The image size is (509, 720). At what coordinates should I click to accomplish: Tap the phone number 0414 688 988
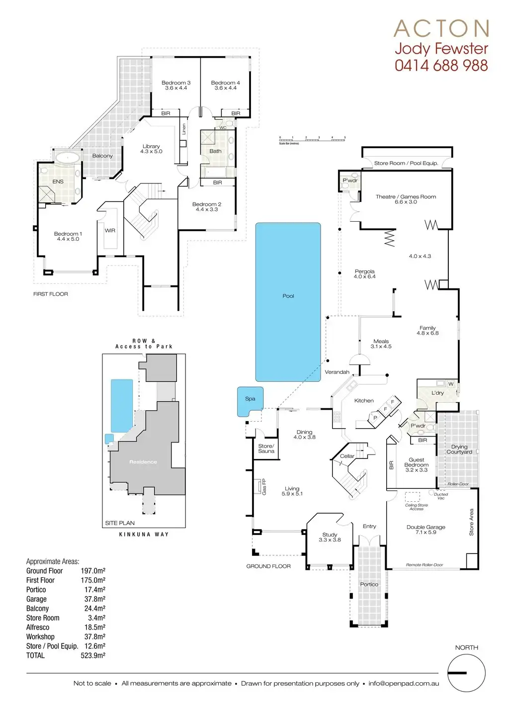(x=441, y=65)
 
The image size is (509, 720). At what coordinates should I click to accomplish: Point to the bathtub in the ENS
(x=67, y=158)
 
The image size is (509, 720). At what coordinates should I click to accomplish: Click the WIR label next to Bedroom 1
(x=110, y=231)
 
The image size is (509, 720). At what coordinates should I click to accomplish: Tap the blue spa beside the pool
(x=250, y=401)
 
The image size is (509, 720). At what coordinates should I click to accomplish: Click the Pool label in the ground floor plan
(x=288, y=296)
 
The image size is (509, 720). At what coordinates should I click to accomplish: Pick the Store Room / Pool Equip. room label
(x=406, y=163)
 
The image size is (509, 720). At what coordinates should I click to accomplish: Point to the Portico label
(x=369, y=584)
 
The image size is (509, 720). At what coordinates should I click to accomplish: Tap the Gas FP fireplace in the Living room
(x=259, y=486)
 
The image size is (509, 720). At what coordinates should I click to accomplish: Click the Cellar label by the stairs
(x=347, y=456)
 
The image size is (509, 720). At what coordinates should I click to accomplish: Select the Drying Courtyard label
(x=459, y=449)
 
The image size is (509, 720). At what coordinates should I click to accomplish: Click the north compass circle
(x=466, y=673)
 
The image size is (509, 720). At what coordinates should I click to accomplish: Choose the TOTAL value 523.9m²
(x=93, y=655)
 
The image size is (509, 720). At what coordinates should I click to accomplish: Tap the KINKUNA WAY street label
(x=144, y=534)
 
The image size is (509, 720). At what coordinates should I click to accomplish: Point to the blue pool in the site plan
(x=122, y=406)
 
